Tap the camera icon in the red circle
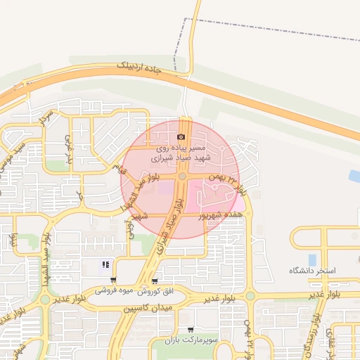(181, 136)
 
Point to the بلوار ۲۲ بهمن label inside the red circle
(223, 181)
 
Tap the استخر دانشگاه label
(313, 271)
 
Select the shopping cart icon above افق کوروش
(155, 281)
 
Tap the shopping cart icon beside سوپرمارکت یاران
(190, 330)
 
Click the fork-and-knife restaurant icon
(105, 265)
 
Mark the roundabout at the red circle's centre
(181, 178)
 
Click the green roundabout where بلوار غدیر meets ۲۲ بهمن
(250, 296)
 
